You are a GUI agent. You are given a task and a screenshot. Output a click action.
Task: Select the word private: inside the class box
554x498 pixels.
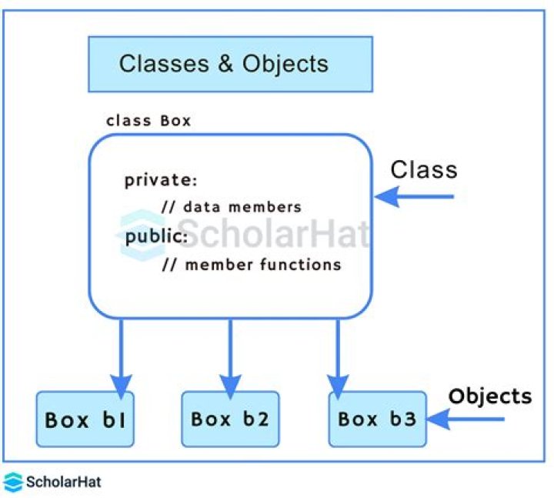point(161,181)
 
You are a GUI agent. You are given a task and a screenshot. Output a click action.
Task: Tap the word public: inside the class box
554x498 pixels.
point(156,236)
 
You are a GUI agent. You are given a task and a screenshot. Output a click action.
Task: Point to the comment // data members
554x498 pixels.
point(231,207)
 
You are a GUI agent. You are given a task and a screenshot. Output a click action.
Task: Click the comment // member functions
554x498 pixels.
point(251,265)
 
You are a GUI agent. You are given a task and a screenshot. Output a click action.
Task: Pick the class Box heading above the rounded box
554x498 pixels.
point(149,121)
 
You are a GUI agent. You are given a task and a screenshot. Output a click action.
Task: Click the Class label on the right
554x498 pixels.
point(423,169)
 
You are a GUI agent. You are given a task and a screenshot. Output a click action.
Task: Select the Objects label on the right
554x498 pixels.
point(490,396)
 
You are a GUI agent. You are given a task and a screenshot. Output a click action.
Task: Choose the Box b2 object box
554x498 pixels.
point(230,419)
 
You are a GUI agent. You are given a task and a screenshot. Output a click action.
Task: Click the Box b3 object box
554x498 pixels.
point(377,419)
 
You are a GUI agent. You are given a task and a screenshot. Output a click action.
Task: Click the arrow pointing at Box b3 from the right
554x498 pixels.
point(466,419)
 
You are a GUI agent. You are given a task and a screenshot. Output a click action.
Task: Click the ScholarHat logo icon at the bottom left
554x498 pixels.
point(12,482)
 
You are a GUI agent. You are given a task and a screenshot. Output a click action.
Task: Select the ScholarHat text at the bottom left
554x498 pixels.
point(63,483)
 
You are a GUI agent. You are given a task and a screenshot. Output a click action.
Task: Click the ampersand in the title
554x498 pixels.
point(225,63)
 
